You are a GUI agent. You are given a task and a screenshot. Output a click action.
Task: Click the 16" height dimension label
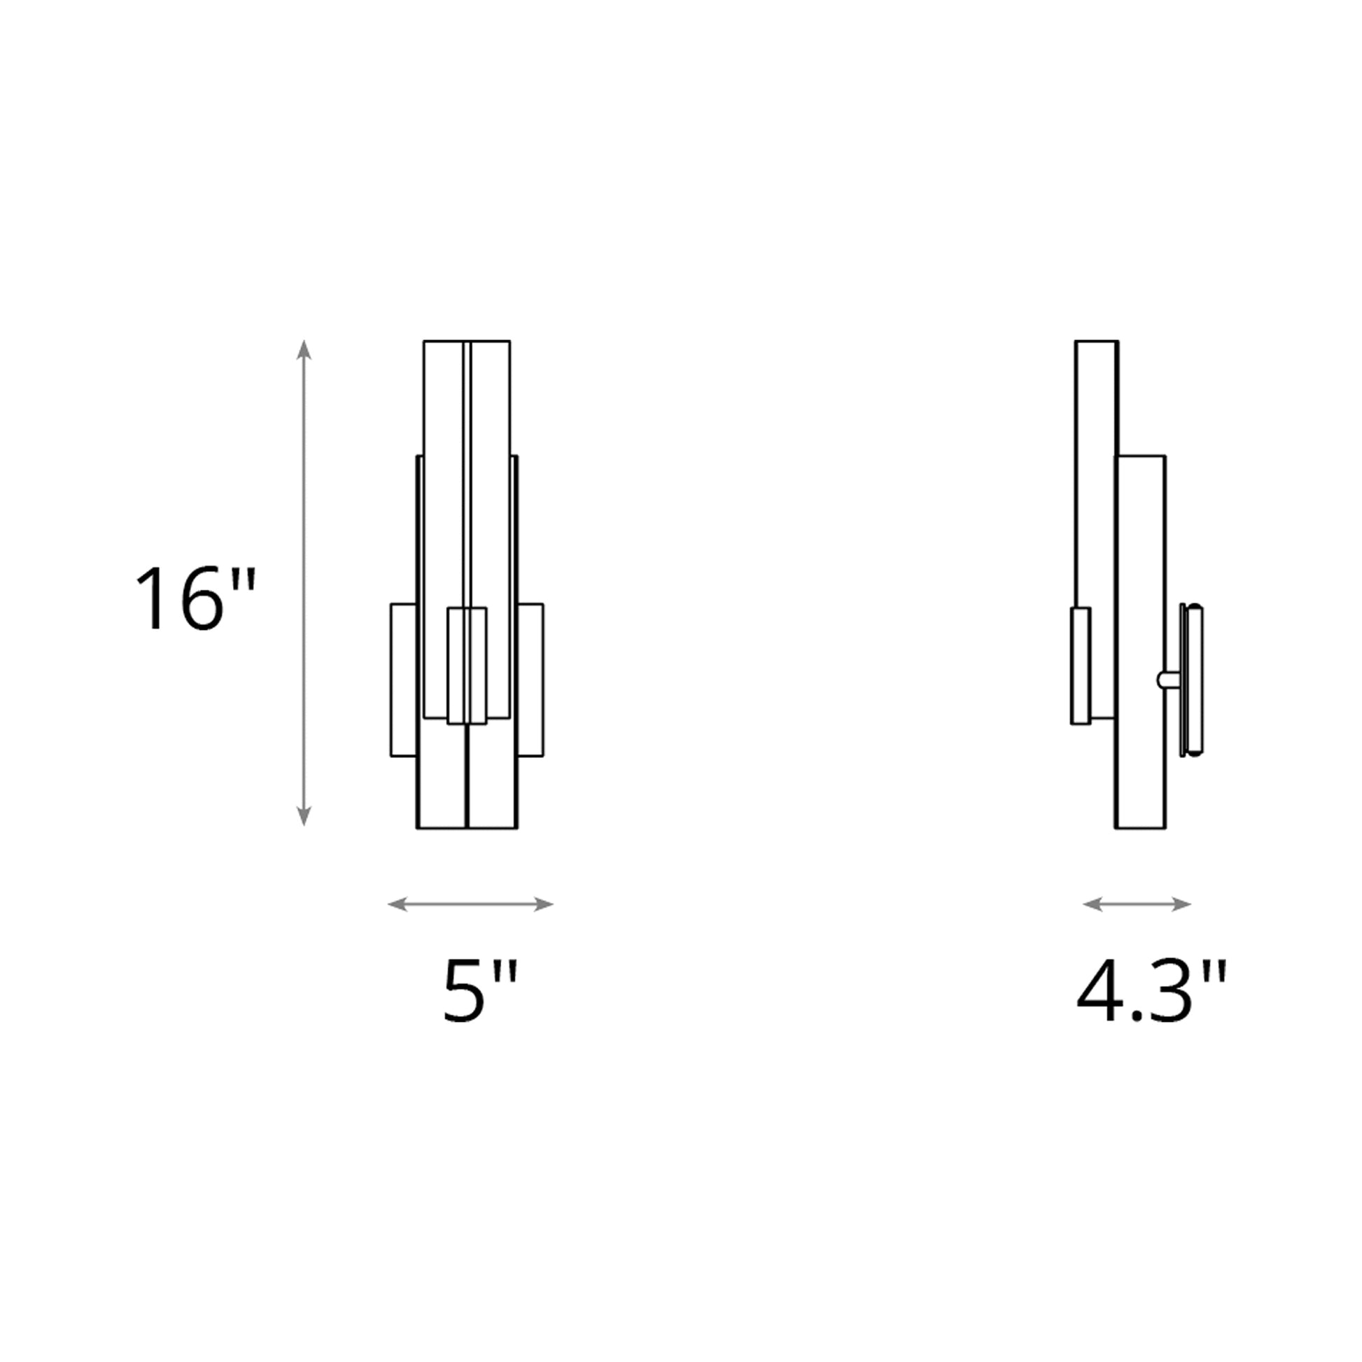[195, 598]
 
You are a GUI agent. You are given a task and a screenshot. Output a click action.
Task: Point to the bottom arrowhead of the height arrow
[304, 815]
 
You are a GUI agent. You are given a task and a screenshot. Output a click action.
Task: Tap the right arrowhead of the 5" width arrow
[544, 904]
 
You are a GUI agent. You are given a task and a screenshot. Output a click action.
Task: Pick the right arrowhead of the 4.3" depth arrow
[1181, 904]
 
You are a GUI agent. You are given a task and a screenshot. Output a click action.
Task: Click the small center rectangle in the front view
[467, 666]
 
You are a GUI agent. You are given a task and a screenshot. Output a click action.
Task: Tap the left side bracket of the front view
[403, 680]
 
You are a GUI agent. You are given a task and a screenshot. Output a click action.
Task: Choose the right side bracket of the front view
[530, 680]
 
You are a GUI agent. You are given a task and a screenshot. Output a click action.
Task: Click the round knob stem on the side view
[1167, 680]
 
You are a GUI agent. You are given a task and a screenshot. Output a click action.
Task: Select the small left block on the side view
[1081, 666]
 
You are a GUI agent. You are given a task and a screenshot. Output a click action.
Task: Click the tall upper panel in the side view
[1096, 472]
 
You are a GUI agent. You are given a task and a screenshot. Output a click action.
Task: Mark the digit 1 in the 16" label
[152, 598]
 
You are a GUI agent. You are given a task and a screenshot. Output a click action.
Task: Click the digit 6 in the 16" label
[202, 598]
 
